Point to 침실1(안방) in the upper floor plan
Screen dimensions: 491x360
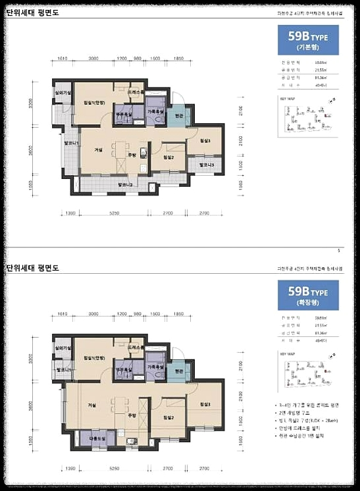click(94, 103)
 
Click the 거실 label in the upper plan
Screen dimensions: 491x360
click(99, 150)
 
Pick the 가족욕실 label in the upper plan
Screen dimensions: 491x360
click(156, 113)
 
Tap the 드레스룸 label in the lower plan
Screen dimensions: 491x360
click(137, 346)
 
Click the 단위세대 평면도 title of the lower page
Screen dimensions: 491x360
click(33, 267)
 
